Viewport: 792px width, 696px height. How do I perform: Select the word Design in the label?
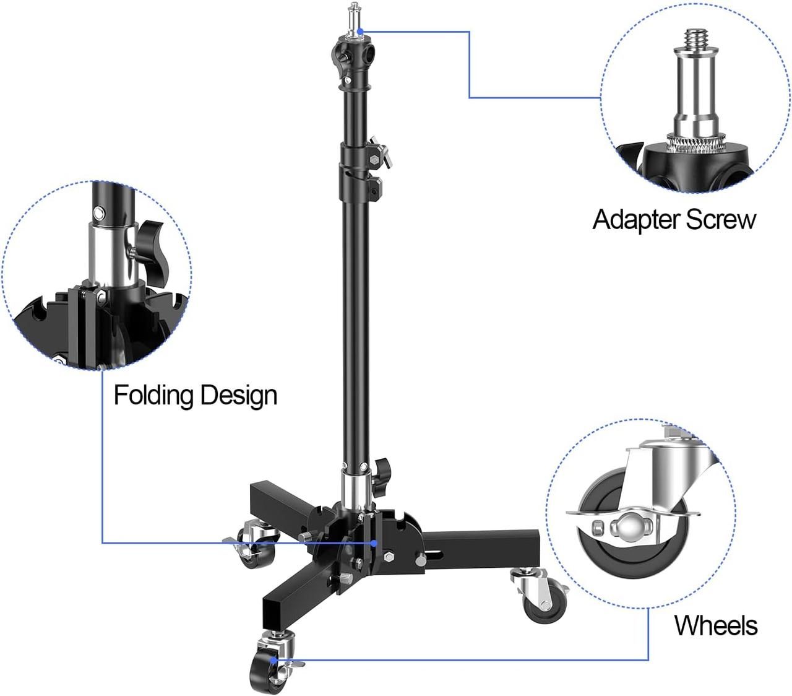239,396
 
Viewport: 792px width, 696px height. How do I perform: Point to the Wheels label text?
716,625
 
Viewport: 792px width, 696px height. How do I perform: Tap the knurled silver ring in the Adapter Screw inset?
696,142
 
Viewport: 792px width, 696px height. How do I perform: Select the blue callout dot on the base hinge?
374,543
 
